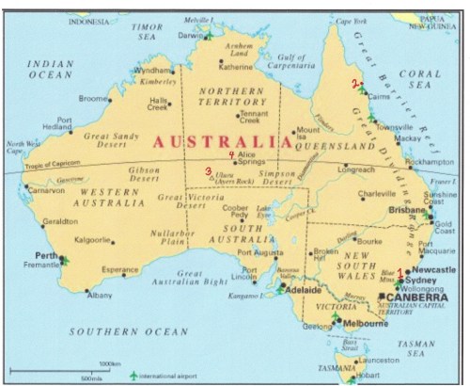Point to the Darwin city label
(190, 35)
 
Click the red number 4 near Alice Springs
(230, 154)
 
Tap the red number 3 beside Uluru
(208, 171)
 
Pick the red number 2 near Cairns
(354, 84)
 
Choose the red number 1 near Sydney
(401, 273)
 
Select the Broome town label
(93, 98)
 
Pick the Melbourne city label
(369, 325)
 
